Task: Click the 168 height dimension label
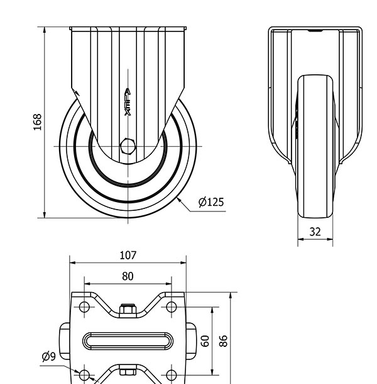click(38, 122)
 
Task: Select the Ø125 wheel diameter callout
click(211, 202)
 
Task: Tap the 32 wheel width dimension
click(315, 232)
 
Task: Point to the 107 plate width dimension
click(128, 256)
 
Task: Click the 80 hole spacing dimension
click(128, 276)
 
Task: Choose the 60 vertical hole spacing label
click(205, 341)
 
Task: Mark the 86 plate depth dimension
click(223, 341)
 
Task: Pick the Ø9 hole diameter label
click(49, 356)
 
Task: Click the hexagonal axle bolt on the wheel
click(128, 147)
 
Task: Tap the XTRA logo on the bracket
click(128, 102)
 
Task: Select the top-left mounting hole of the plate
click(84, 307)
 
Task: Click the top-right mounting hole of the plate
click(171, 307)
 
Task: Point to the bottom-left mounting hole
click(84, 375)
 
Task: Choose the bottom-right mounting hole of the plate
click(171, 375)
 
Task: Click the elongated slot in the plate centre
click(128, 341)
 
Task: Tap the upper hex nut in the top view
click(128, 309)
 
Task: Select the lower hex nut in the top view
click(128, 370)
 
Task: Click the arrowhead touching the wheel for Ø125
click(179, 200)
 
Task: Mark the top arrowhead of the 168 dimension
click(45, 30)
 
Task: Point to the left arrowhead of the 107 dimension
click(73, 263)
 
